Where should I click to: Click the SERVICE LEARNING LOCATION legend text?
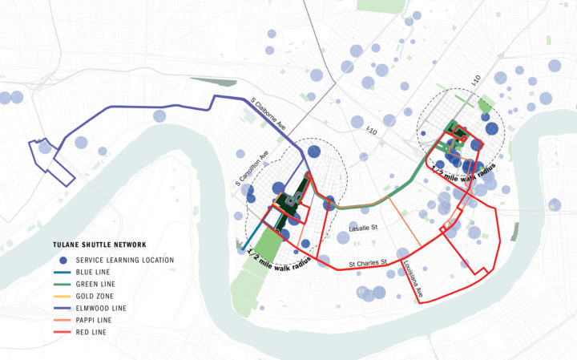(125, 261)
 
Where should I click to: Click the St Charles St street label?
(369, 262)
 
